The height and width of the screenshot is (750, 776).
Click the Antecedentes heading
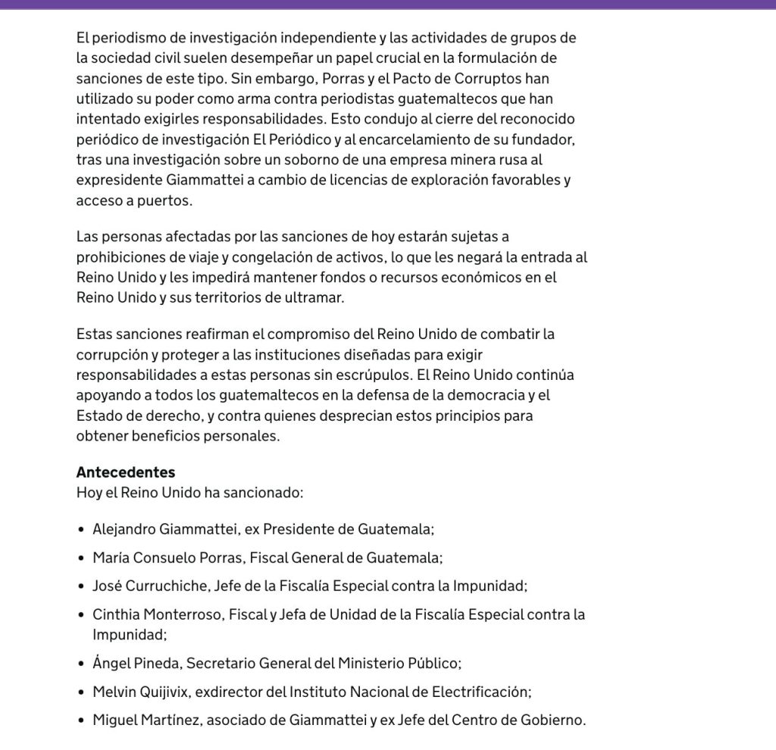point(126,472)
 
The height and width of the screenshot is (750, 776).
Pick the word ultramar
point(312,297)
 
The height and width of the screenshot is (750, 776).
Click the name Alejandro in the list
point(124,529)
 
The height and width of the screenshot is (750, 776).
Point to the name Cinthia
point(117,614)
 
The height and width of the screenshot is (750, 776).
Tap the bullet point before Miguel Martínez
point(82,720)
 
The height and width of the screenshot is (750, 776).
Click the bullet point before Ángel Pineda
point(82,664)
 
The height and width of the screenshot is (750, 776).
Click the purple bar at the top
point(388,4)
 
